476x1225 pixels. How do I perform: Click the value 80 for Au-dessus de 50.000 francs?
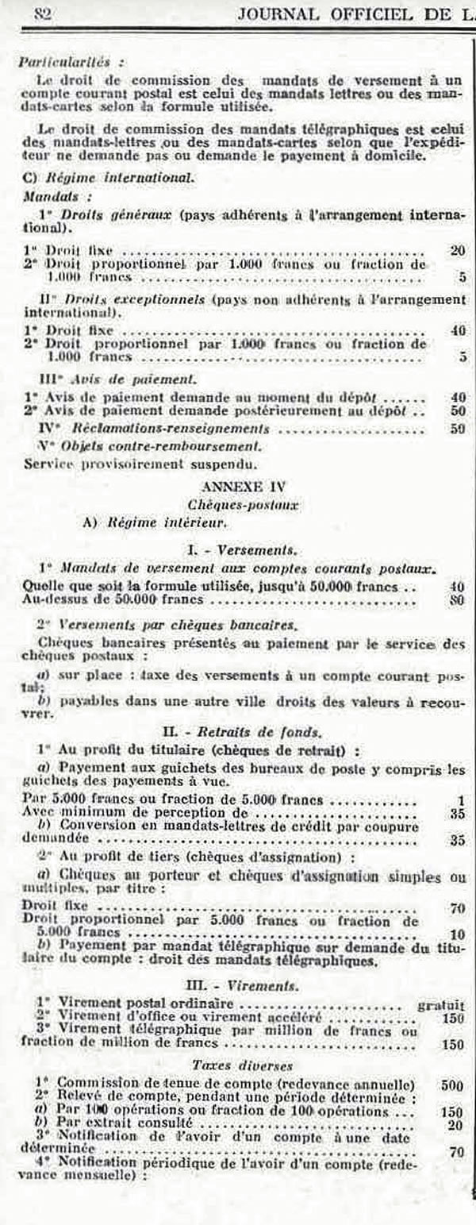click(x=456, y=600)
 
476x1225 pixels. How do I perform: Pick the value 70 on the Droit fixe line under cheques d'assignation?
click(x=456, y=907)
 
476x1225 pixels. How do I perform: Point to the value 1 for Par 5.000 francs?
click(x=460, y=800)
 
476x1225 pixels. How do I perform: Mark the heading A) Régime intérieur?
click(x=144, y=522)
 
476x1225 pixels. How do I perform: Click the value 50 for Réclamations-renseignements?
click(x=456, y=429)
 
